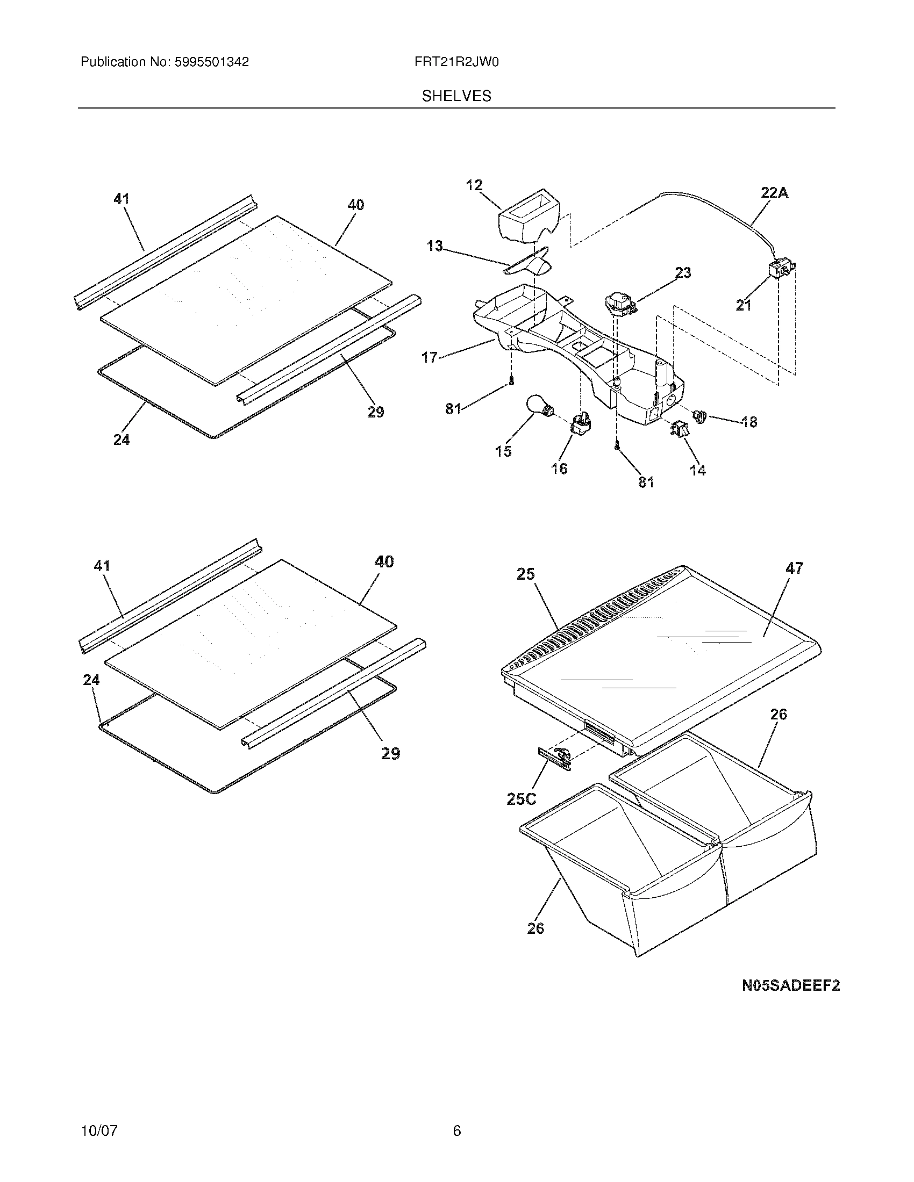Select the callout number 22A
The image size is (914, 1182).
click(x=774, y=193)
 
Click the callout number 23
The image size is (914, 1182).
click(x=683, y=273)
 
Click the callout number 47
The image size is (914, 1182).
click(x=794, y=568)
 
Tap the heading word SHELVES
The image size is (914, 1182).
click(x=456, y=96)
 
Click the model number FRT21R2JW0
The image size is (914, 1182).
click(x=456, y=62)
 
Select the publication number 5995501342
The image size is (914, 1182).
click(x=211, y=62)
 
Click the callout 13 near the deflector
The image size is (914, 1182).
click(x=434, y=247)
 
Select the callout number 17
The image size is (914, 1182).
click(x=430, y=357)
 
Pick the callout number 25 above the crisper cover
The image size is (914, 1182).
click(x=525, y=574)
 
